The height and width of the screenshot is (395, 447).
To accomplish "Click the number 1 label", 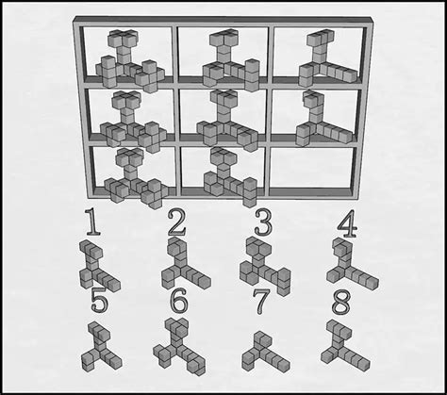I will (92, 223).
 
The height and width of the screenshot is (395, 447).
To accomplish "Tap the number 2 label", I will (177, 223).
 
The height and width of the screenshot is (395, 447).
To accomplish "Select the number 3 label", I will (263, 223).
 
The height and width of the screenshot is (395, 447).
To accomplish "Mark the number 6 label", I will (179, 303).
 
